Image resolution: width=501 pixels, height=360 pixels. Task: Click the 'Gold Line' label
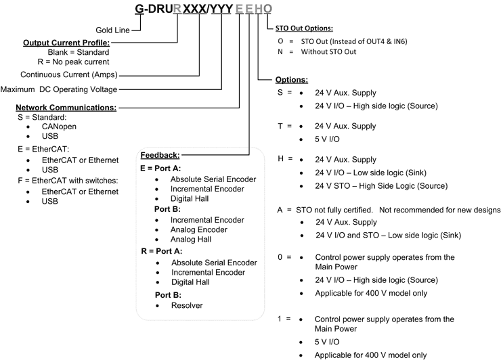112,30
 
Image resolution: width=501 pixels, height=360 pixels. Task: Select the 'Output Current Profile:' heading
66,43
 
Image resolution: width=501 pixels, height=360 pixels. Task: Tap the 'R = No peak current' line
74,62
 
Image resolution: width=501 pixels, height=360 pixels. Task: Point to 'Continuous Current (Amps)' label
69,74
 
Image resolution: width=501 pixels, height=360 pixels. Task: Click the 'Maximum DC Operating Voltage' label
59,89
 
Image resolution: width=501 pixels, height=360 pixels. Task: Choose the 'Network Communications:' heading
66,108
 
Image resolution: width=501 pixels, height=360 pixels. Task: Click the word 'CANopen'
59,127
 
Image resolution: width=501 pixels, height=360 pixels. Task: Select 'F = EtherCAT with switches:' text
68,181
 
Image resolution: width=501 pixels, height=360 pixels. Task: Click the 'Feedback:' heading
160,155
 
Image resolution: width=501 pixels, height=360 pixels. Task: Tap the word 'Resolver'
187,305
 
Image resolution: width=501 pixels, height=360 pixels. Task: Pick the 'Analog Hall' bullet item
191,240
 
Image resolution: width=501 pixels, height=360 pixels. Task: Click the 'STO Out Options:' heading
304,28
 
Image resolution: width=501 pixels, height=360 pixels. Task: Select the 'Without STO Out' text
328,51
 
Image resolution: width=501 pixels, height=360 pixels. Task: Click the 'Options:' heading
292,80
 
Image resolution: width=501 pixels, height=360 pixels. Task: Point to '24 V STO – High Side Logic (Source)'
381,186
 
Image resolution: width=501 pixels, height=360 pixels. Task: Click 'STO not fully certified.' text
334,210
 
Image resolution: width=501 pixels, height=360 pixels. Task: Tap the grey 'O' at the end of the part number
267,9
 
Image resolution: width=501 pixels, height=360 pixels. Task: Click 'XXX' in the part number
194,9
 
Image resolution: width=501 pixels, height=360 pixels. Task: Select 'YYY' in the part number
221,9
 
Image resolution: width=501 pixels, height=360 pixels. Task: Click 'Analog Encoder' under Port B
199,229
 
